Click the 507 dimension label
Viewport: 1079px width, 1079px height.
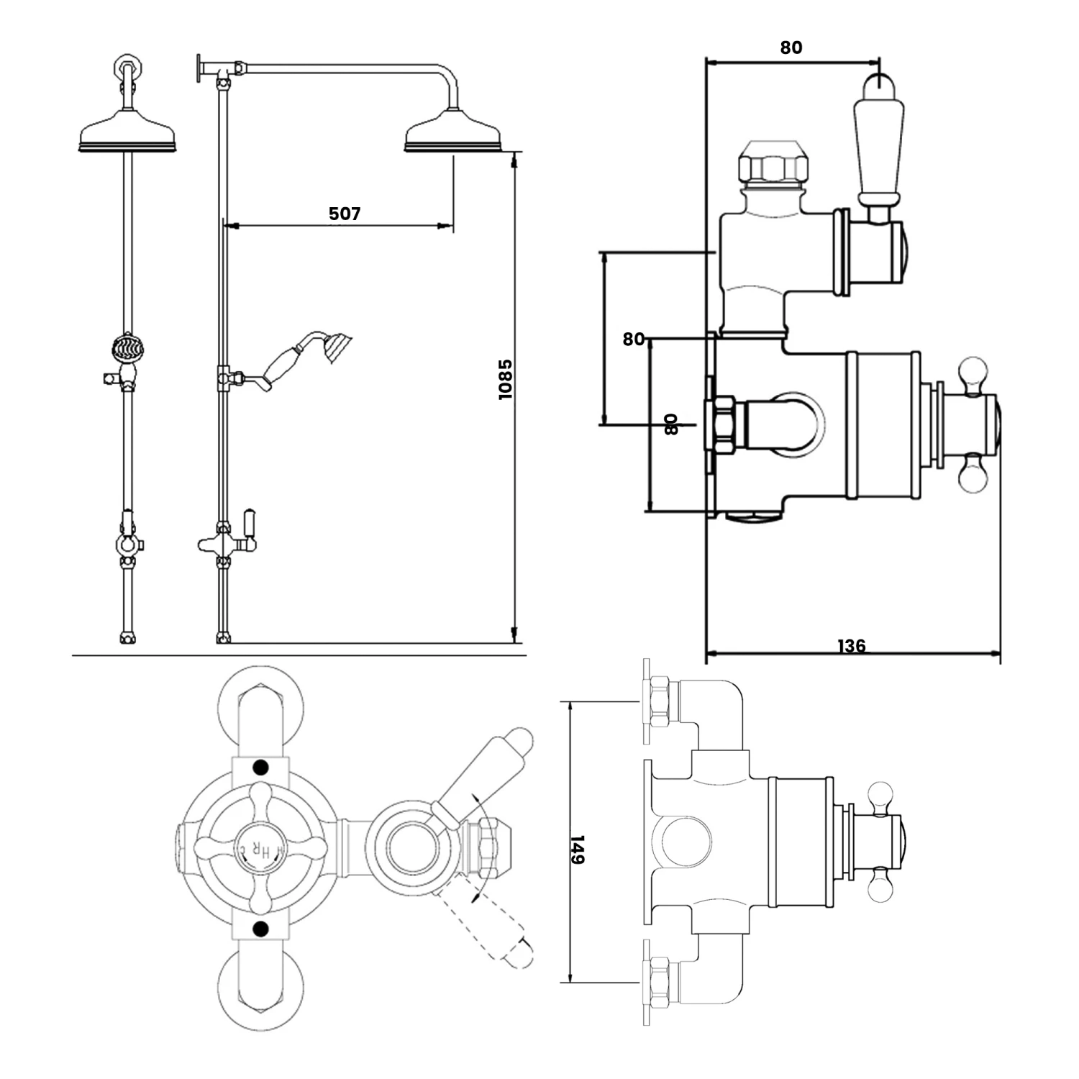[x=345, y=214]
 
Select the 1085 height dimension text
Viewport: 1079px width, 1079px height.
[x=506, y=379]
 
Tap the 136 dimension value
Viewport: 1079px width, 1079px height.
[x=852, y=646]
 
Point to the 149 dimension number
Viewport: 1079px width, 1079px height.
[x=578, y=850]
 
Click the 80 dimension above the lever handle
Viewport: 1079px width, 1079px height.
[x=791, y=47]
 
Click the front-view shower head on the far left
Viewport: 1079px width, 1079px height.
[x=127, y=132]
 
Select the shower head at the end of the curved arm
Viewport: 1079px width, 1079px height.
[x=452, y=132]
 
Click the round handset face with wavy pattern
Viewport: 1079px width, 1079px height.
[x=127, y=350]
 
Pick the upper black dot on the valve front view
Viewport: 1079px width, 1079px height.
[x=260, y=767]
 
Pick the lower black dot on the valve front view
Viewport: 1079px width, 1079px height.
[x=260, y=928]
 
